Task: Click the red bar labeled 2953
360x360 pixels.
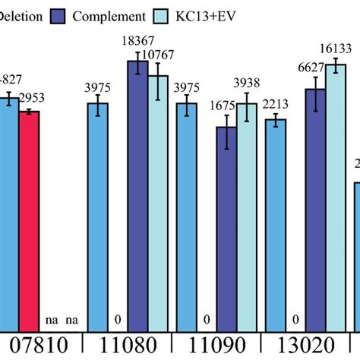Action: [29, 220]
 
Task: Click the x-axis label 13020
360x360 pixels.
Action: [306, 346]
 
